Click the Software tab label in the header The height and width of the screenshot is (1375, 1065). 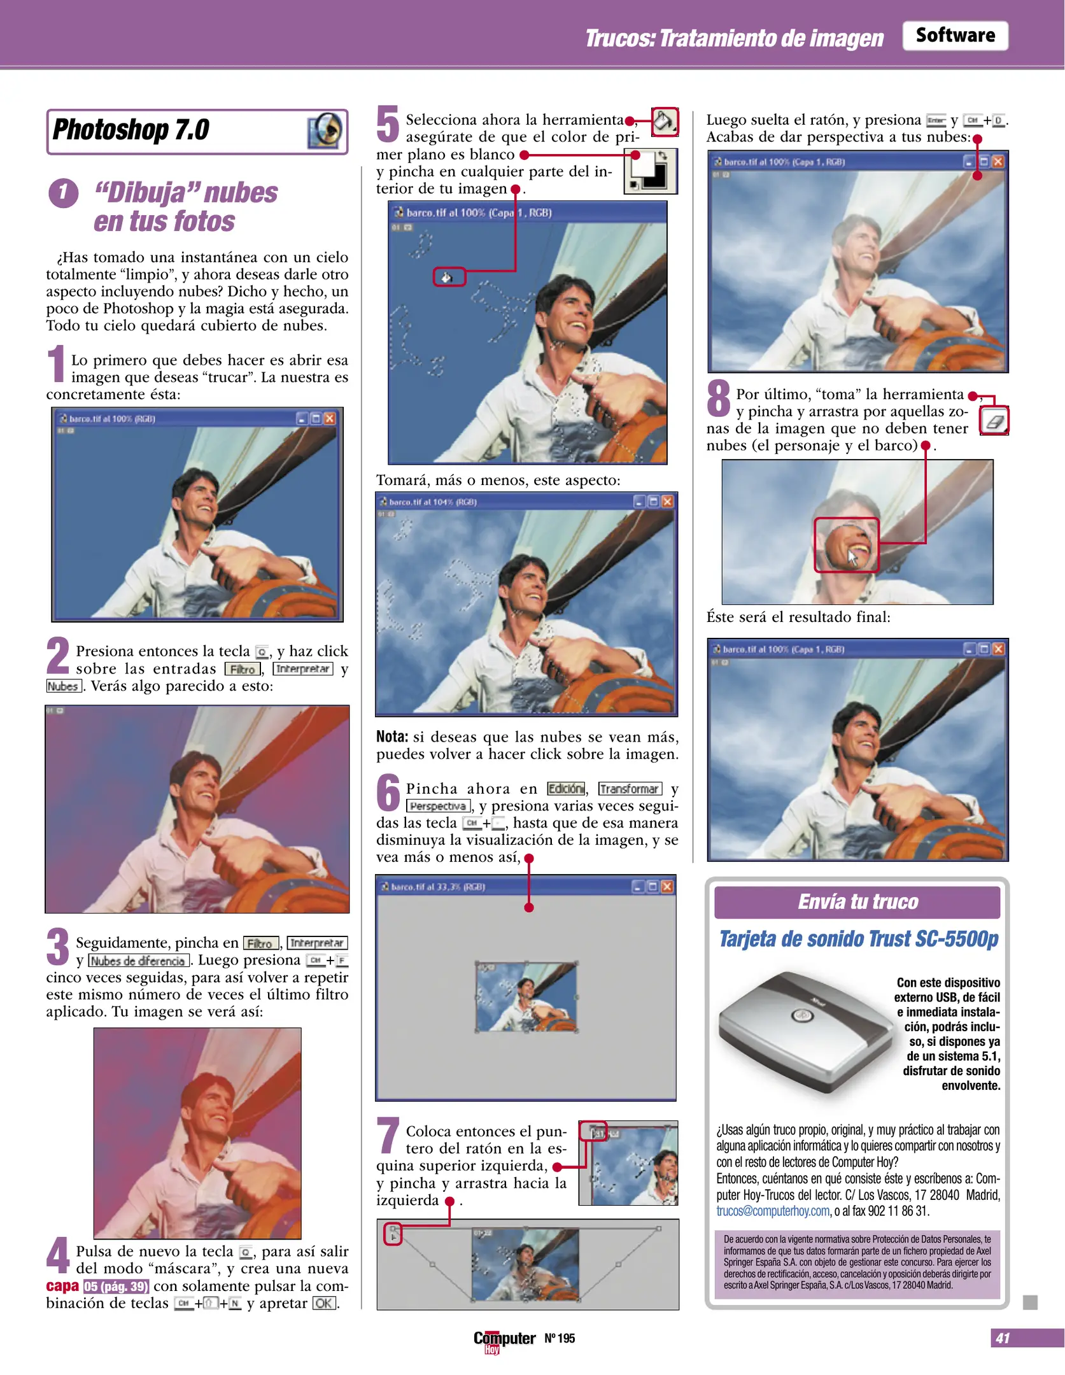954,36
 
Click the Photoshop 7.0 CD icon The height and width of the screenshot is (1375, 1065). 325,130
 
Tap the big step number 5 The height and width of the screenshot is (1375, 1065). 387,124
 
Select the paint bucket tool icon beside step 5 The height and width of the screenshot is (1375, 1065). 665,121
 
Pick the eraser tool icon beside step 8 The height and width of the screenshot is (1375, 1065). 994,421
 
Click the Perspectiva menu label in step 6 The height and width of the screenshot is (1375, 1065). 438,806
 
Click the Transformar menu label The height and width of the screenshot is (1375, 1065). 630,789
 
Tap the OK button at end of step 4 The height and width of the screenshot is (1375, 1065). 323,1303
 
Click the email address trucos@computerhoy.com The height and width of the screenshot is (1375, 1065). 773,1211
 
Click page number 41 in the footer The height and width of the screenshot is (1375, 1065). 1003,1338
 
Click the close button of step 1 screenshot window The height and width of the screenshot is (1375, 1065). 329,418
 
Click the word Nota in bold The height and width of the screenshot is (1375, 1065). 391,737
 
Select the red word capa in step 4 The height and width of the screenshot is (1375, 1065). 62,1286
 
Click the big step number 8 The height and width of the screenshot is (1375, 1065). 718,398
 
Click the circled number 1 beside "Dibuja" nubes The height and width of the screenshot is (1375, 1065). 63,193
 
